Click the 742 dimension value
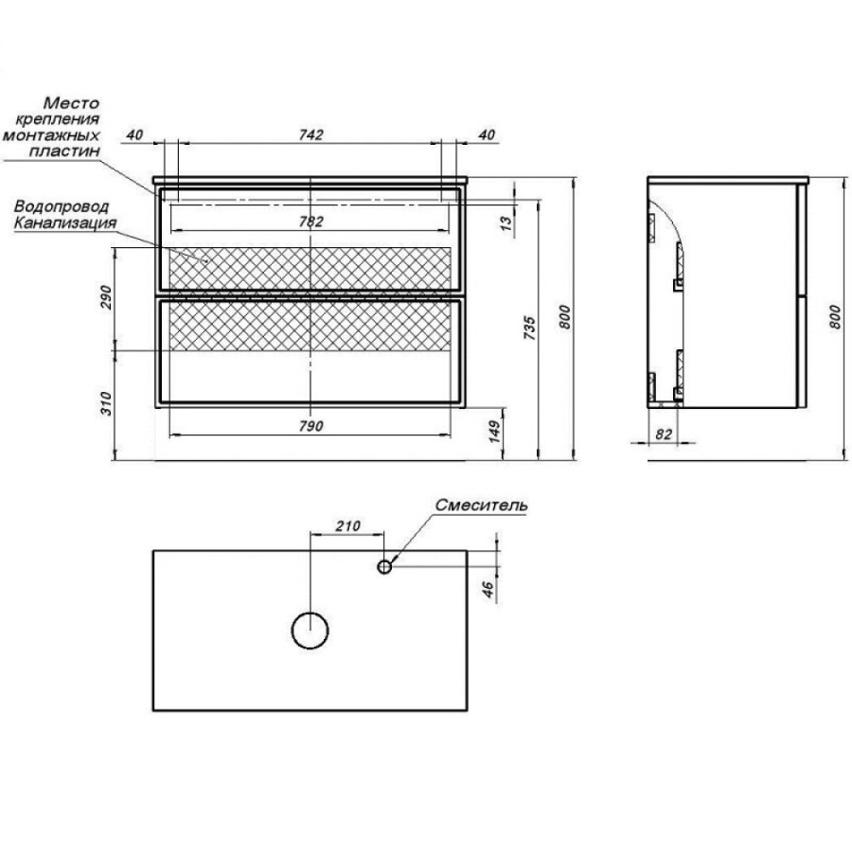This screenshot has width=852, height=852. [311, 134]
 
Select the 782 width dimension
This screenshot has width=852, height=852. [311, 222]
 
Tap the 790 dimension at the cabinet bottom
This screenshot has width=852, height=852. [311, 427]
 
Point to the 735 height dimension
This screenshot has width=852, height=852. [529, 328]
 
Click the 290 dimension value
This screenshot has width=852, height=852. [106, 296]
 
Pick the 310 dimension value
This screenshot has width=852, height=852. [106, 403]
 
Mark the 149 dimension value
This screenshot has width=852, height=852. [495, 431]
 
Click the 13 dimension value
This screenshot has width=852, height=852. [506, 222]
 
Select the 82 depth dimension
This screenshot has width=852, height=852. [664, 435]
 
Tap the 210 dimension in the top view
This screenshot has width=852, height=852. [347, 526]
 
